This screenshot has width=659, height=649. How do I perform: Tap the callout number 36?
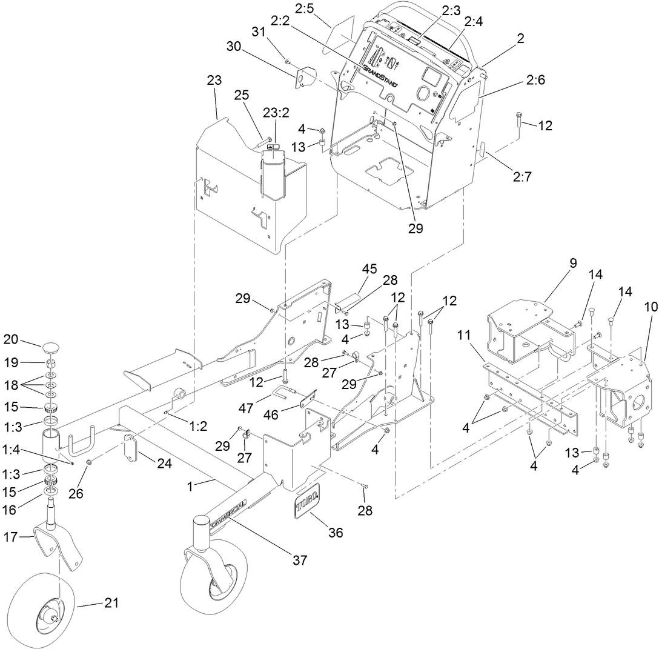pyautogui.click(x=335, y=533)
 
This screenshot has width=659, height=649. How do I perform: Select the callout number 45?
pyautogui.click(x=369, y=269)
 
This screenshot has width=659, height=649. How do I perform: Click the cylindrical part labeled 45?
pyautogui.click(x=351, y=301)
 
